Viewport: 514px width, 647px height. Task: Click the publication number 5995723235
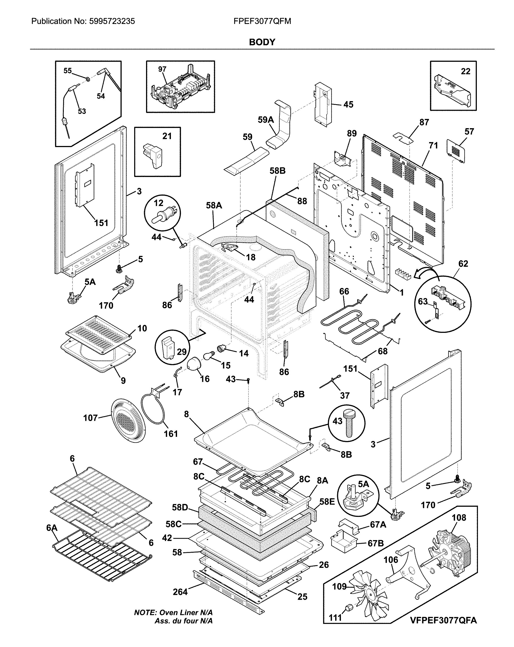pyautogui.click(x=112, y=21)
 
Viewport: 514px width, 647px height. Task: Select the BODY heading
pyautogui.click(x=262, y=42)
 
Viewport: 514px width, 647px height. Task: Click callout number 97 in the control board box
pyautogui.click(x=162, y=69)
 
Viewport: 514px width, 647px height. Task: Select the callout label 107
pyautogui.click(x=90, y=418)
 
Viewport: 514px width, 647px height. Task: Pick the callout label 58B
pyautogui.click(x=277, y=171)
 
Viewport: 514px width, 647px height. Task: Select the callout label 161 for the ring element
pyautogui.click(x=170, y=433)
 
